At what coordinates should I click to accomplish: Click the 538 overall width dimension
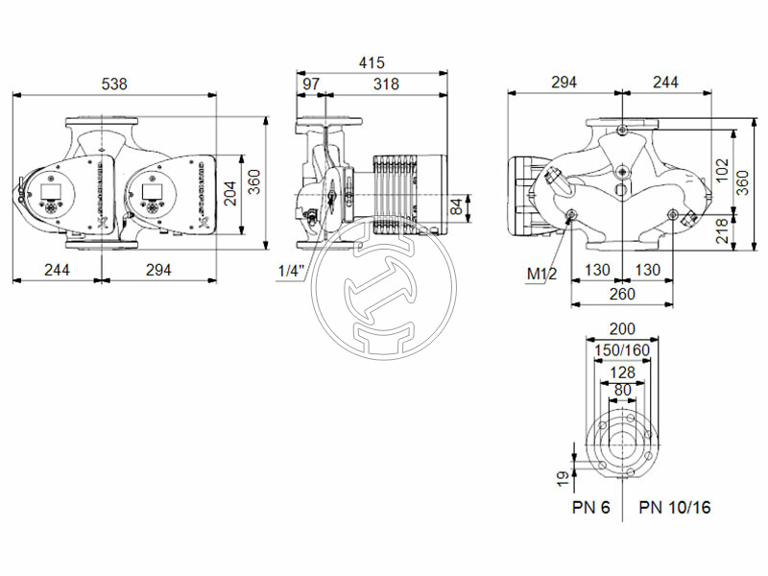(115, 84)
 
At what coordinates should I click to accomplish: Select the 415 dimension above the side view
(372, 62)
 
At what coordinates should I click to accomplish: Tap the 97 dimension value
(311, 84)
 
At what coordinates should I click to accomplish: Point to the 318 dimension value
(386, 84)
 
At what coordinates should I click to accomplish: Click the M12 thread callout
(541, 275)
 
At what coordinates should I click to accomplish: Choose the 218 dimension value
(722, 230)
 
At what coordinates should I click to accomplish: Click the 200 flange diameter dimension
(622, 329)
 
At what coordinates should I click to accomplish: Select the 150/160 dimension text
(622, 351)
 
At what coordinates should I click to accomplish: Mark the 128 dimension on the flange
(622, 372)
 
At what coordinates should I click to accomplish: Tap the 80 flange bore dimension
(622, 390)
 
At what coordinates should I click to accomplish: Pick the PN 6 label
(591, 507)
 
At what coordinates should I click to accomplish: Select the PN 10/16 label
(676, 507)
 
